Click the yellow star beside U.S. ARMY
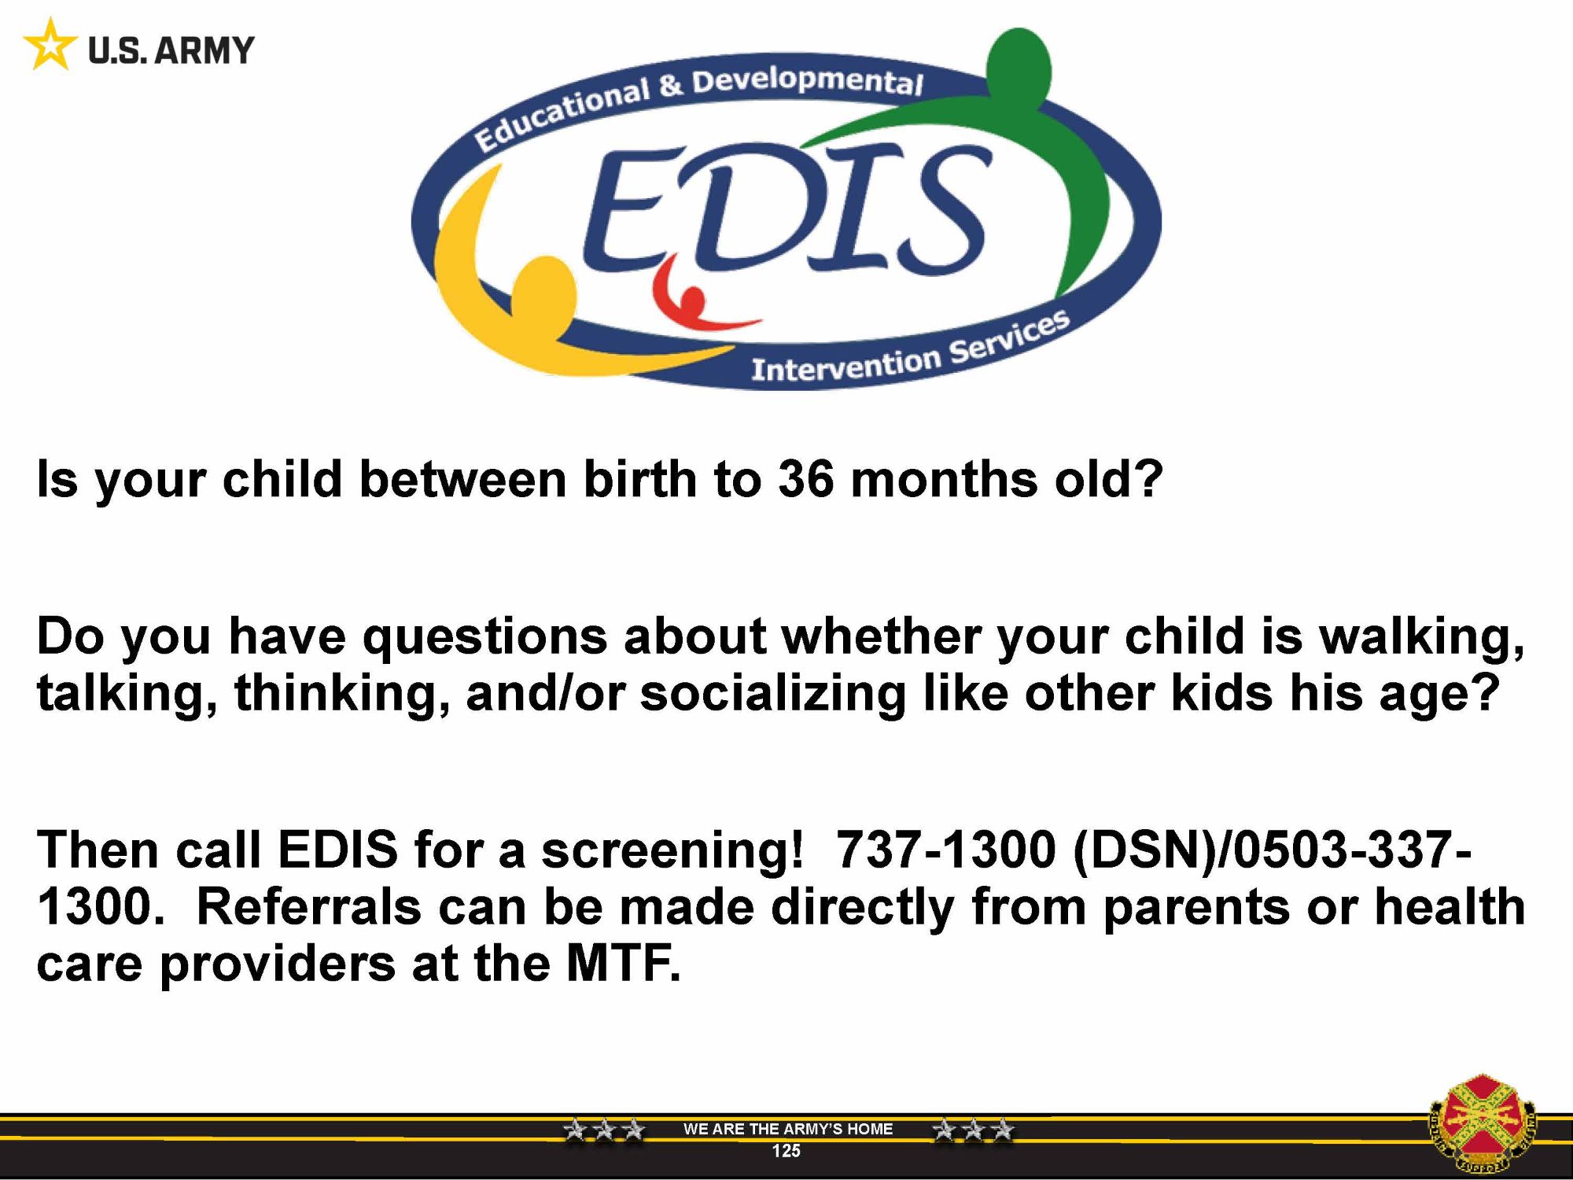[50, 45]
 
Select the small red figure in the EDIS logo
[692, 295]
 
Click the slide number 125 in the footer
[786, 1151]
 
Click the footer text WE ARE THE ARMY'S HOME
[788, 1129]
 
